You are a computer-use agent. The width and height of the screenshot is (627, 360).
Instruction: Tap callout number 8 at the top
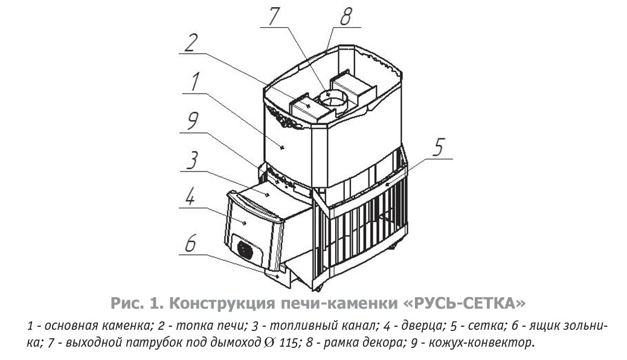point(345,16)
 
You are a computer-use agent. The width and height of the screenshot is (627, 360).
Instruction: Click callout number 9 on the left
point(191,123)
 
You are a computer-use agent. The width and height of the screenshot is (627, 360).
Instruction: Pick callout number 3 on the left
point(191,161)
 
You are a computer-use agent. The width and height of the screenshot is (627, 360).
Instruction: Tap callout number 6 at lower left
point(190,243)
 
